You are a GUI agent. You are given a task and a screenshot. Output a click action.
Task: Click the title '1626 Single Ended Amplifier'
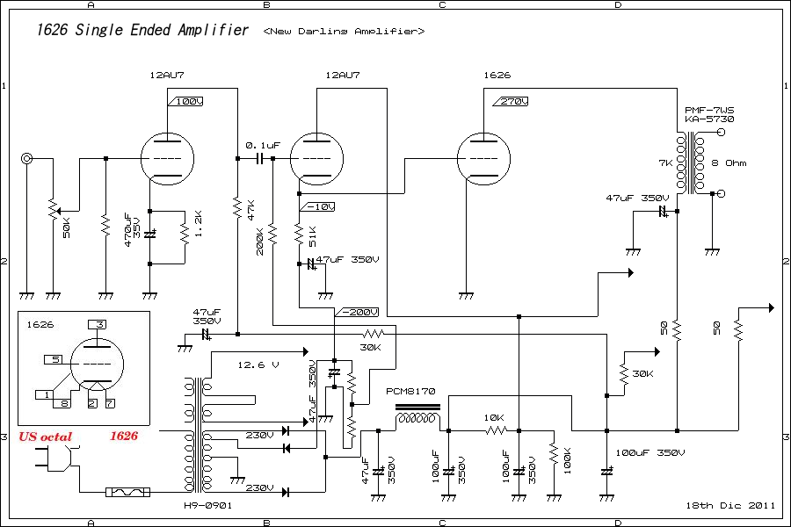(x=142, y=31)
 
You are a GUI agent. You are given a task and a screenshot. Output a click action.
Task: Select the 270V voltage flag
(x=512, y=102)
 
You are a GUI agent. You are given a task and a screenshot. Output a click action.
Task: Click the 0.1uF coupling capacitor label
(x=262, y=143)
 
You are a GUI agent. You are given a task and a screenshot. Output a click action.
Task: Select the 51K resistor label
(x=311, y=235)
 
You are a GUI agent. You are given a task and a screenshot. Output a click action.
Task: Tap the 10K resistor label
(x=494, y=417)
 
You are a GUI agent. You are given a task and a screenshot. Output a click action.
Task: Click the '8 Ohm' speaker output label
(x=729, y=163)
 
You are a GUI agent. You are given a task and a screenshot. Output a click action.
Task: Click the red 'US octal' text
(x=45, y=437)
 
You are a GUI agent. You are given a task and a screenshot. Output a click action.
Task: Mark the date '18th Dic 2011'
(x=730, y=505)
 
